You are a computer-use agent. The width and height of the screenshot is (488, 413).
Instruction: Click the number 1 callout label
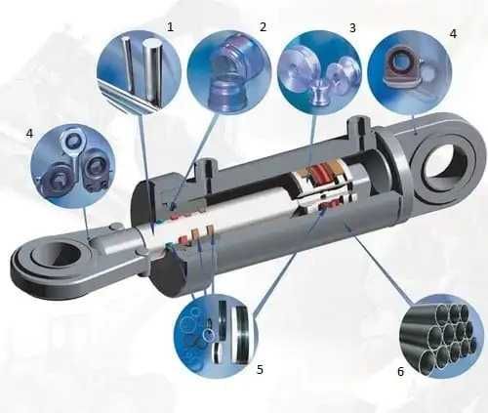170,27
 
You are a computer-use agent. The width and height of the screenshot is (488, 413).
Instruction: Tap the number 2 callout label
263,26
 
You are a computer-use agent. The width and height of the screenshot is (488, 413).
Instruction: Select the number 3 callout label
352,28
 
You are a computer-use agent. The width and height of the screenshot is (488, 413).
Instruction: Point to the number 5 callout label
260,369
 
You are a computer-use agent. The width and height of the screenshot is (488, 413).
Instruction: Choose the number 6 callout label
400,371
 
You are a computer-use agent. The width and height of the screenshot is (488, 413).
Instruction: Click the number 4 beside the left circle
29,133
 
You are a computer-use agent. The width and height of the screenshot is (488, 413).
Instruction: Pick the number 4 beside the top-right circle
453,33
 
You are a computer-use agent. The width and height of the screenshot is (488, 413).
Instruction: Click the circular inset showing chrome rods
139,72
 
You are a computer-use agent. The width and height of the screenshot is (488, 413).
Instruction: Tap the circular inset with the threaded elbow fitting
229,72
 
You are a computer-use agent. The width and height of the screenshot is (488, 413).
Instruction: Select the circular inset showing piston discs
319,72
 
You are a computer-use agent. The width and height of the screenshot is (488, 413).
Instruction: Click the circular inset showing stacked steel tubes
441,336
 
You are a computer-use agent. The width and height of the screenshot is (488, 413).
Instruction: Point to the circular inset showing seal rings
216,336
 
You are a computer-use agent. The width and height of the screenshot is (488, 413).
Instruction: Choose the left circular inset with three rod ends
73,166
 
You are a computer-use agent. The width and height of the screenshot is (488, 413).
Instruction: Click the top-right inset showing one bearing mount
410,72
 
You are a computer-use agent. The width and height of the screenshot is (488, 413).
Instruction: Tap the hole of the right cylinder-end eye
445,167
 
